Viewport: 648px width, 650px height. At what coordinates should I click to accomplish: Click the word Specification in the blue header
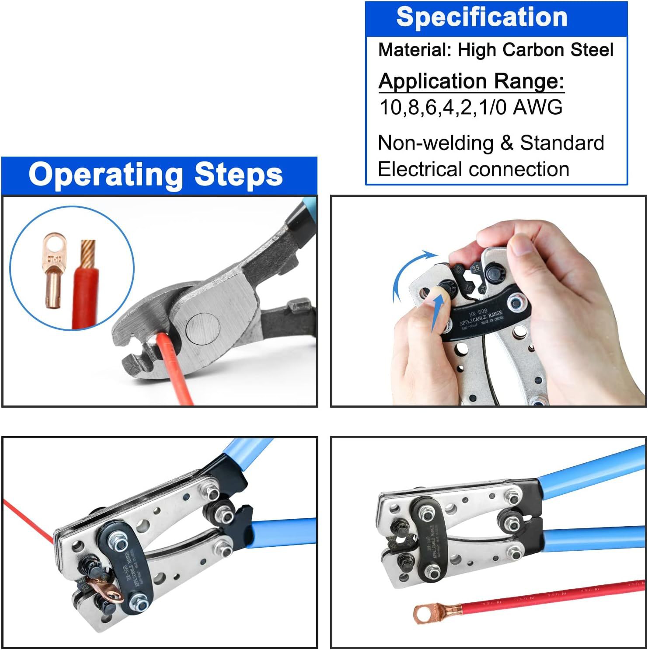point(481,17)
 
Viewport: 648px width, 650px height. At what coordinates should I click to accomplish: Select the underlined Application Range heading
point(471,81)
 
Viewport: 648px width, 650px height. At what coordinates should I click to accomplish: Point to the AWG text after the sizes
point(537,108)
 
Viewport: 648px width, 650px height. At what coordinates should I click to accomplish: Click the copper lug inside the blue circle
point(53,271)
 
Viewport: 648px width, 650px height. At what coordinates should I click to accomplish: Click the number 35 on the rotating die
point(476,267)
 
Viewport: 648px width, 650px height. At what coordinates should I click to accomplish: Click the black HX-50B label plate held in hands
point(485,318)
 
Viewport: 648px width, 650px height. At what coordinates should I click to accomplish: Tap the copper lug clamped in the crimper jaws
point(104,587)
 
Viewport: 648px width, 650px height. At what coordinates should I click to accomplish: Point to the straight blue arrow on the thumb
point(437,315)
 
